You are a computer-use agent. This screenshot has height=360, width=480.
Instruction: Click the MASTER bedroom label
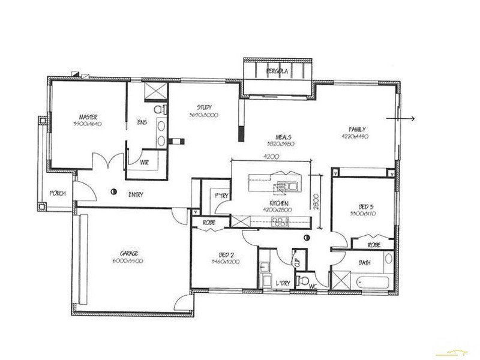point(88,116)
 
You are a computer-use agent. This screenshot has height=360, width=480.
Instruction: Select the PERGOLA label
point(277,71)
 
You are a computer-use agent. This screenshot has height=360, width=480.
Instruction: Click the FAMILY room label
point(358,129)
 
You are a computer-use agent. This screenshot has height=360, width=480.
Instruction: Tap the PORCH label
point(58,193)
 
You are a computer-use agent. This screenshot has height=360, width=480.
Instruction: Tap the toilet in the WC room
point(305,281)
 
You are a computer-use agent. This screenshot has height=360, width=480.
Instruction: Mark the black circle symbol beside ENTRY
point(113,193)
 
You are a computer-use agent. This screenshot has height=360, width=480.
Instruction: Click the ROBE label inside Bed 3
point(373,245)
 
